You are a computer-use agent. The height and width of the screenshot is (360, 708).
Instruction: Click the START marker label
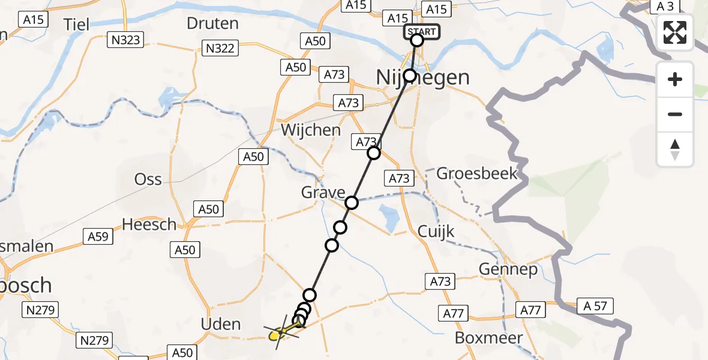422,31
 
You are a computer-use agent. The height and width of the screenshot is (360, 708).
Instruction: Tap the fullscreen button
675,32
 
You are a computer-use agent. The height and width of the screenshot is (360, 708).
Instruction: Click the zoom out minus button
675,114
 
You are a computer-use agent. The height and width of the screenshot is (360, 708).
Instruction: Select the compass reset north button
675,149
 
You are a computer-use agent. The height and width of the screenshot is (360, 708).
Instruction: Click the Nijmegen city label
422,77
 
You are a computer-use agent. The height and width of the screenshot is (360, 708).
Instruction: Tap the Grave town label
323,193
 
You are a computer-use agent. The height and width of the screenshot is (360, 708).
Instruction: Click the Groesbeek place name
476,174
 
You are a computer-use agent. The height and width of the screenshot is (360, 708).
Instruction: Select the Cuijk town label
436,232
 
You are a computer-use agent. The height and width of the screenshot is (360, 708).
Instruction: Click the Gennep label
508,269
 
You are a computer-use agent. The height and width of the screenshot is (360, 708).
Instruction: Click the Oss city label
148,179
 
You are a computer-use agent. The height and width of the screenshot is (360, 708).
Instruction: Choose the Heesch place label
149,224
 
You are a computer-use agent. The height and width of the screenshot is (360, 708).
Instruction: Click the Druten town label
212,24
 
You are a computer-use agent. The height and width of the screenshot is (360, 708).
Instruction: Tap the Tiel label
76,24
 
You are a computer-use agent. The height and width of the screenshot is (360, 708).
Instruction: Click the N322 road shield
220,48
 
